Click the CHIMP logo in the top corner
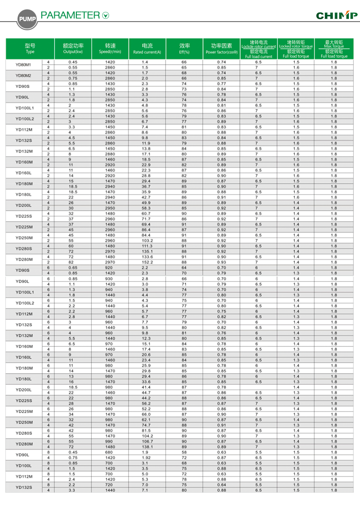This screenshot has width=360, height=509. coord(336,16)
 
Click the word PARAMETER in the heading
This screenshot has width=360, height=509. coord(71,15)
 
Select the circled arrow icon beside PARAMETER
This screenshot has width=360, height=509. coord(106,16)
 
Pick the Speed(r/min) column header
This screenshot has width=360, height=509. coord(110,48)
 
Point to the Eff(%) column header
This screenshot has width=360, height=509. coord(184,48)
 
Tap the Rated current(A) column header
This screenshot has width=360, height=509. coord(147,48)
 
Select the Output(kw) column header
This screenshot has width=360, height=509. coord(73,48)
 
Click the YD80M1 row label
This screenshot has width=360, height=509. coord(24,65)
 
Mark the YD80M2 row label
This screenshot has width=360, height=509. coord(24,76)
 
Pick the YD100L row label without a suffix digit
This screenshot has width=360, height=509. coord(24,466)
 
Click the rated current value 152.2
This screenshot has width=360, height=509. coord(147,262)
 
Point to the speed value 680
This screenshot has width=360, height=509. coord(110,452)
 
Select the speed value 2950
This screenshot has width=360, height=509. coord(110,208)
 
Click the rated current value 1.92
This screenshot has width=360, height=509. coord(147,457)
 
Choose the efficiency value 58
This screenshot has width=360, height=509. coord(184,452)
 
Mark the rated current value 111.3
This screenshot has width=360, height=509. coord(147,246)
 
